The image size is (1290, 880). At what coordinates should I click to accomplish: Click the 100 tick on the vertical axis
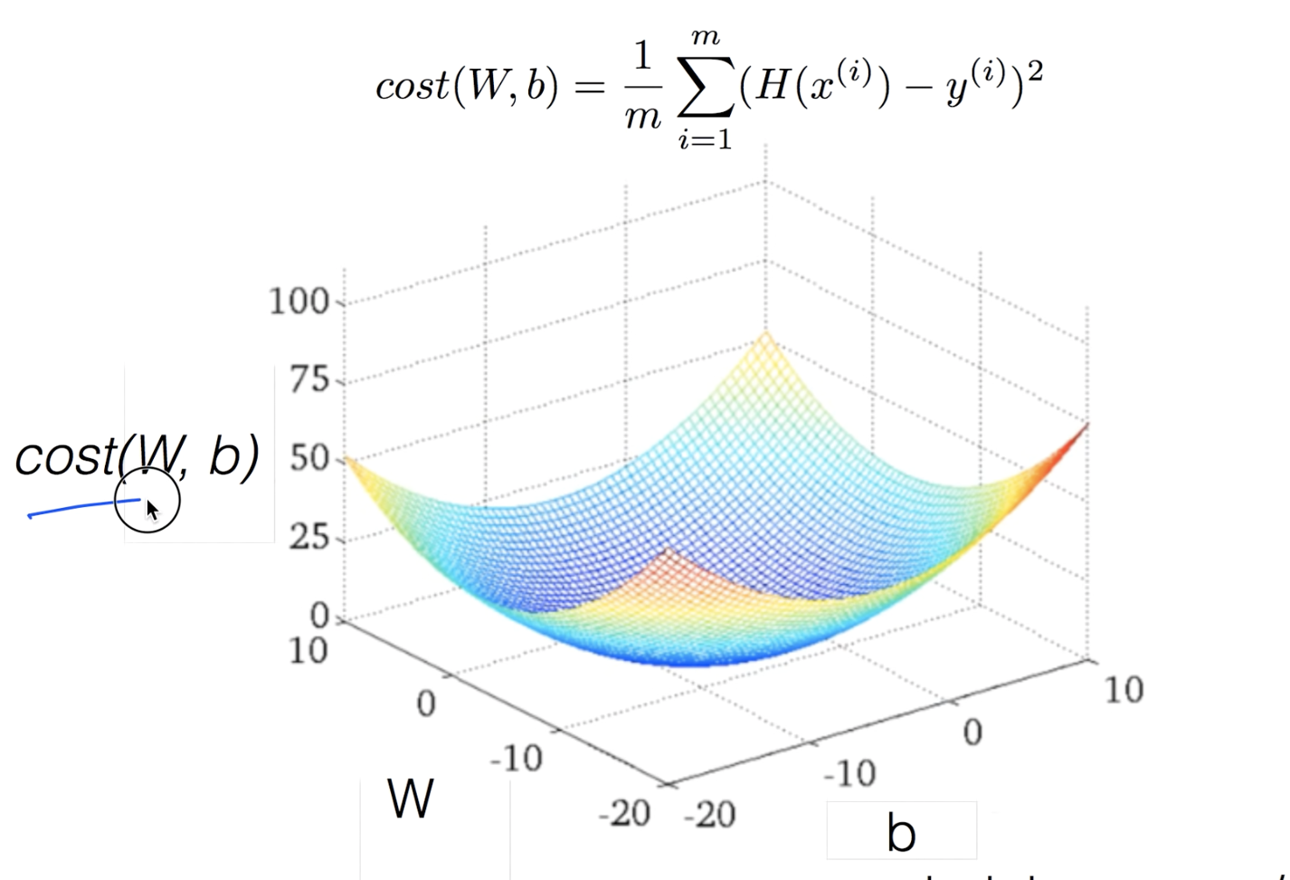[299, 301]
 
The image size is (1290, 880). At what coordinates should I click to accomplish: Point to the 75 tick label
[309, 380]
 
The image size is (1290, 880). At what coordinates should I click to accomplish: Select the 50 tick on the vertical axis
[309, 459]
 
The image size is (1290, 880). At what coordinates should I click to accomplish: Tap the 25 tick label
[309, 539]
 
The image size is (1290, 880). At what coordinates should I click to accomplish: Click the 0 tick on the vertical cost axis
[320, 617]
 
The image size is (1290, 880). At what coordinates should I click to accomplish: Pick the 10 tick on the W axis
[308, 651]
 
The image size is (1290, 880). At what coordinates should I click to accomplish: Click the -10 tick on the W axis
[516, 758]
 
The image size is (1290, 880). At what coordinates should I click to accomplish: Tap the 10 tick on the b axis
[1123, 691]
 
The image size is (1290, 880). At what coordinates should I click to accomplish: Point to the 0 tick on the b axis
[972, 732]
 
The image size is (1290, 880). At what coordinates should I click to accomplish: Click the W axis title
[411, 799]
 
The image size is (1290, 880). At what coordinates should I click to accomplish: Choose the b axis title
[900, 834]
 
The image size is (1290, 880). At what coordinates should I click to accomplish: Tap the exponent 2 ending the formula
[1035, 71]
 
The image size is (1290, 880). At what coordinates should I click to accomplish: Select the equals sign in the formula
[588, 87]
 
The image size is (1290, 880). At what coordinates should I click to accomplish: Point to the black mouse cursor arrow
[152, 511]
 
